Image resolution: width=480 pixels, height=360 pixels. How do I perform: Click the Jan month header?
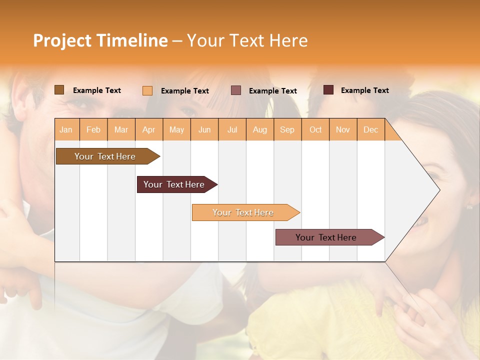tap(66, 129)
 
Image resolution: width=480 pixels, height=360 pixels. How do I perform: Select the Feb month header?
tap(93, 129)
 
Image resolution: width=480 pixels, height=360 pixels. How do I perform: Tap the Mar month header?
tap(121, 129)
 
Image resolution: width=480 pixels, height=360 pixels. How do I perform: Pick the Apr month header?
tap(149, 129)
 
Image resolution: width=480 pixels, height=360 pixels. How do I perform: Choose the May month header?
tap(176, 129)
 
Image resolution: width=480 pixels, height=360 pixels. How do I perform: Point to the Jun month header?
tap(204, 129)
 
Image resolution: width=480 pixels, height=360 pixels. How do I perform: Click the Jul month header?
tap(232, 129)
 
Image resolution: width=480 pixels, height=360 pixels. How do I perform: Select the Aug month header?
tap(260, 129)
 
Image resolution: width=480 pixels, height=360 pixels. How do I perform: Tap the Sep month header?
tap(287, 129)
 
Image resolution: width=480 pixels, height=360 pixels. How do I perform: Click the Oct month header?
tap(315, 129)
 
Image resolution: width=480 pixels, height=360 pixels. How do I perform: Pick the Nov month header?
tap(343, 129)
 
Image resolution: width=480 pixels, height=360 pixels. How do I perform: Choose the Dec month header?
tap(371, 129)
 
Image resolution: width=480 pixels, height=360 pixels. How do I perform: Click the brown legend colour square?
tap(59, 90)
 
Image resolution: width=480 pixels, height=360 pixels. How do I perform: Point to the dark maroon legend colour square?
tap(328, 90)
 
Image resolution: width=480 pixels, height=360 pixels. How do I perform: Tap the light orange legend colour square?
tap(147, 90)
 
